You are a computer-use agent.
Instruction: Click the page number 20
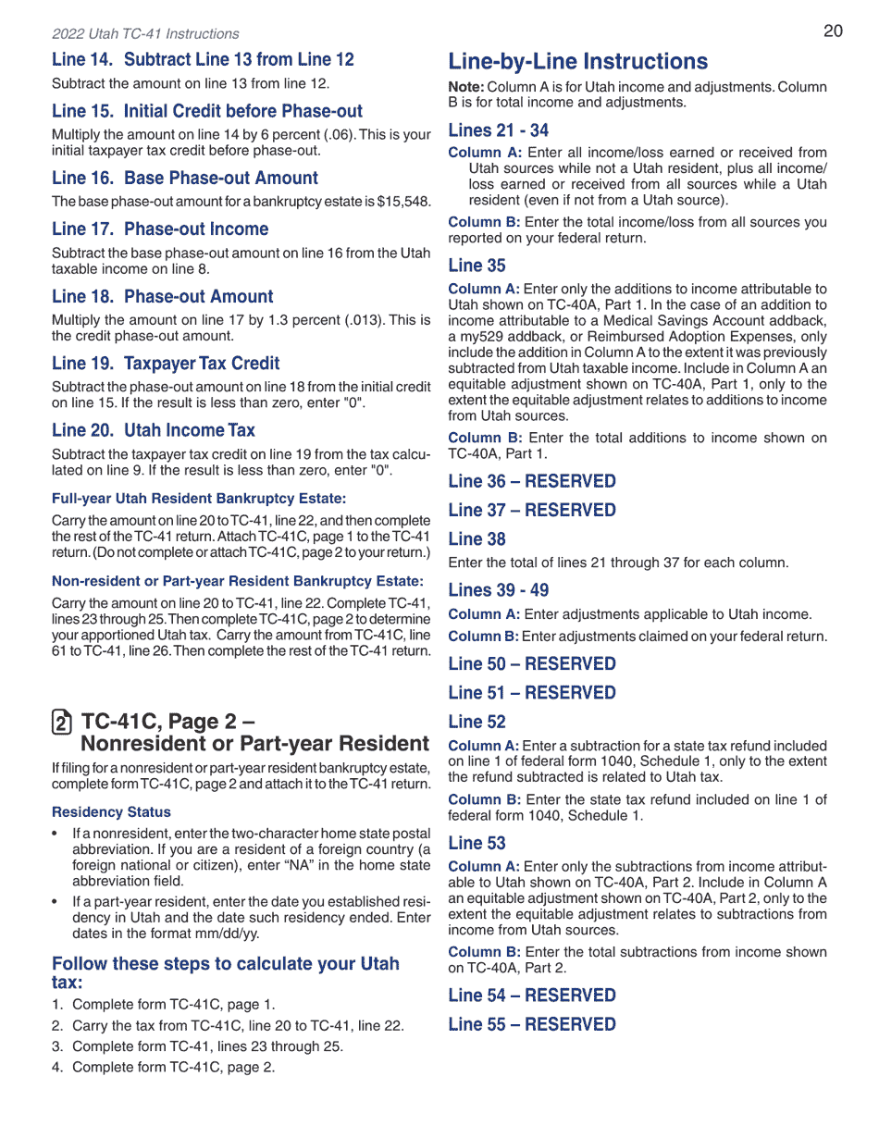pos(833,31)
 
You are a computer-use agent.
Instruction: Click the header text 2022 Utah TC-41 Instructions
pos(145,34)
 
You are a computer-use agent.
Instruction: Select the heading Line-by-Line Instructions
pos(577,62)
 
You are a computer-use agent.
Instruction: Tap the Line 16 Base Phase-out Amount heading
pos(185,178)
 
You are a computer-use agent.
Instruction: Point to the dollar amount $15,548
pos(401,202)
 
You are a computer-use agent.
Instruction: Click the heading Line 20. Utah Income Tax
pos(154,430)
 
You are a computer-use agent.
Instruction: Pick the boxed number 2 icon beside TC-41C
pos(61,723)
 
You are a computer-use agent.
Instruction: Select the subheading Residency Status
pos(111,812)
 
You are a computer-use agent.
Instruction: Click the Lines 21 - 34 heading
pos(498,130)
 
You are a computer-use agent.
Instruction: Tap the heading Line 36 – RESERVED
pos(531,481)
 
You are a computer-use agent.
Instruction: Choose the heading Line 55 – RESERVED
pos(531,1024)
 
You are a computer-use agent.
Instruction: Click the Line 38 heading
pos(477,539)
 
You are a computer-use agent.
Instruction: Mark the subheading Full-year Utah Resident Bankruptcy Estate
pos(199,499)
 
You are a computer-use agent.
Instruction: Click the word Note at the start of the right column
pos(465,87)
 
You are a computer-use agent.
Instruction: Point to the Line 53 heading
pos(477,843)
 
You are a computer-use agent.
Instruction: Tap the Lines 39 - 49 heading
pos(498,590)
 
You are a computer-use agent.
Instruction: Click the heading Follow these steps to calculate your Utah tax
pos(226,972)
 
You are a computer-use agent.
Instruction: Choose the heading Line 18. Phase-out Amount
pos(163,297)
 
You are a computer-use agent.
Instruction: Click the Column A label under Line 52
pos(483,746)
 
